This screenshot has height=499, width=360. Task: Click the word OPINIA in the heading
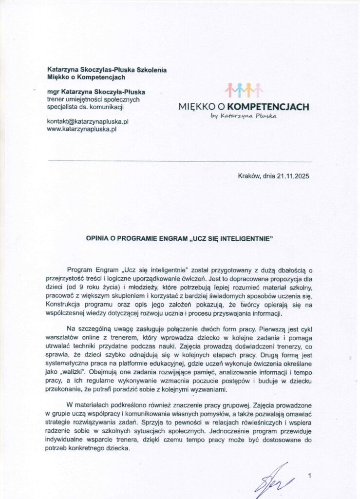(x=98, y=239)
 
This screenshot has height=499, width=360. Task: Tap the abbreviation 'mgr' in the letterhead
(x=53, y=91)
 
